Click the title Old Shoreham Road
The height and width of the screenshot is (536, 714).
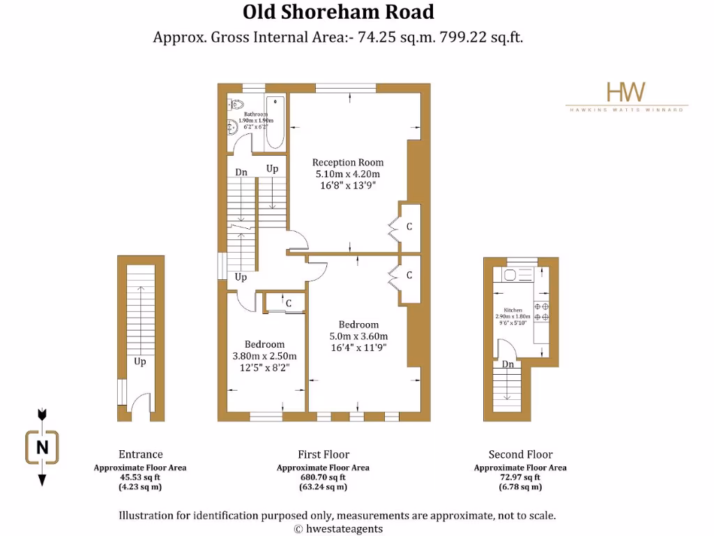(338, 12)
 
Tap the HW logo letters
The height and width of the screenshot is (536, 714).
(625, 92)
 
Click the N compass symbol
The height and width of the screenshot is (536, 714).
(42, 447)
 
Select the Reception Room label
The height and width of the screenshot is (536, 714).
(347, 163)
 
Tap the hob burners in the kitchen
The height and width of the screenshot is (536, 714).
(541, 311)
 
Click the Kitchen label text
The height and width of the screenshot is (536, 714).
(512, 310)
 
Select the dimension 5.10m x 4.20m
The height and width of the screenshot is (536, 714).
(347, 174)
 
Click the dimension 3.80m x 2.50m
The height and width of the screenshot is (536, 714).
(264, 355)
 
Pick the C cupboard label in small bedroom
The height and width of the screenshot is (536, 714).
(288, 302)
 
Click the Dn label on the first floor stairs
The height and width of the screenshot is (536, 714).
(241, 172)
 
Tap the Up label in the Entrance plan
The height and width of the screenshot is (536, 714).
(140, 362)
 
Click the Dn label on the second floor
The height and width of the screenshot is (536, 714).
(508, 364)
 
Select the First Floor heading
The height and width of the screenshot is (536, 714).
(324, 454)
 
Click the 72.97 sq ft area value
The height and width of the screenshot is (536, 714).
(520, 477)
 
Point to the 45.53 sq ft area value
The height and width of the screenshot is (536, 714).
(140, 477)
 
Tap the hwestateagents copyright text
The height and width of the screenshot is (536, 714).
(338, 528)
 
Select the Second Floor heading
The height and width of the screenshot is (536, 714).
(520, 454)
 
